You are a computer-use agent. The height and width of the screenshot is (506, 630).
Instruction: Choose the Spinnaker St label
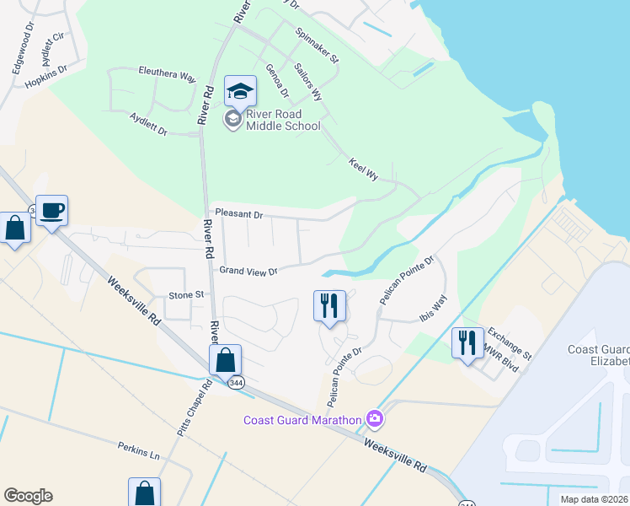(317, 46)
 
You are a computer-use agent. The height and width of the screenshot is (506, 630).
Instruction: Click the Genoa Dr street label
(276, 80)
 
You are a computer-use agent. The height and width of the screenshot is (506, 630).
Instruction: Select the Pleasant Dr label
(238, 215)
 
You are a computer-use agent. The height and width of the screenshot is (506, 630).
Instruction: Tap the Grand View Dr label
(248, 271)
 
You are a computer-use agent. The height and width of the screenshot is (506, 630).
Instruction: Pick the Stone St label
(187, 295)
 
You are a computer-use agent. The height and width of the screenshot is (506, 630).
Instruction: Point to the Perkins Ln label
(138, 453)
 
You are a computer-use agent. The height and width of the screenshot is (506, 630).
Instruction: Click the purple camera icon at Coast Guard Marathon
(374, 418)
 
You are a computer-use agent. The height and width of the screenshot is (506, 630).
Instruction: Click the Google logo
(28, 496)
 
